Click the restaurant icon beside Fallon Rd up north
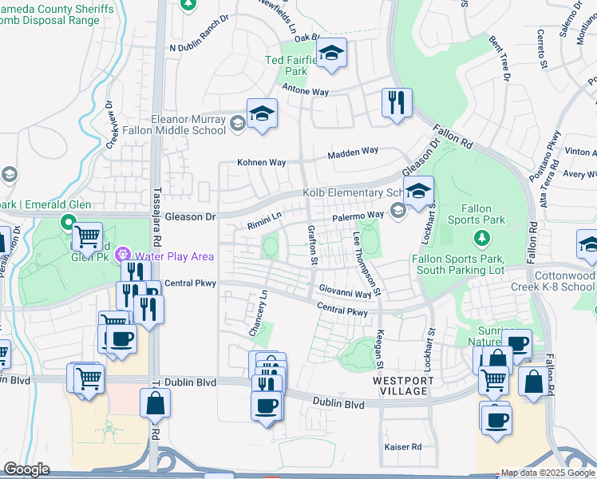tap(397, 103)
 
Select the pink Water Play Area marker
tap(124, 255)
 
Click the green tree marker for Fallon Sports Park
tap(481, 237)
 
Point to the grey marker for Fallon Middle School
tap(237, 124)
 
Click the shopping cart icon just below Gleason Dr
tap(88, 237)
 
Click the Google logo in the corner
tap(26, 469)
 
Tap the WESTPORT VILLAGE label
tap(404, 382)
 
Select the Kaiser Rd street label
tap(402, 447)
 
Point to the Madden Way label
tap(353, 151)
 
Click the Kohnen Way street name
tap(261, 162)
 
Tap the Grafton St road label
tap(312, 245)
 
